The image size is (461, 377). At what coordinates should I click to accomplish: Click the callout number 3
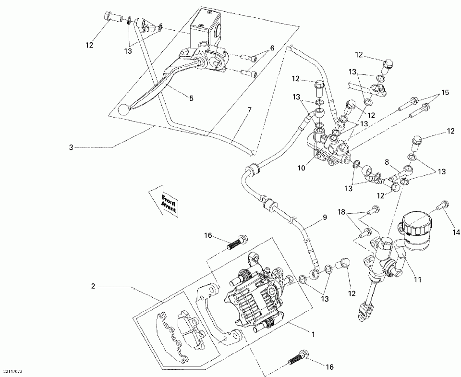(71, 147)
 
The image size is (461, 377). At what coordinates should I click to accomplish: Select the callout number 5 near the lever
(192, 98)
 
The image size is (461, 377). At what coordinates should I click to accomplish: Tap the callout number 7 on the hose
(249, 110)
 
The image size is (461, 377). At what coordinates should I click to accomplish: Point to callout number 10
(302, 168)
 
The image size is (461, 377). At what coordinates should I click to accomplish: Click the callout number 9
(325, 218)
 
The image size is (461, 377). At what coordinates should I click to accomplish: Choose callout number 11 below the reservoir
(417, 280)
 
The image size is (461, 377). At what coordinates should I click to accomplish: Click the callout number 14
(456, 232)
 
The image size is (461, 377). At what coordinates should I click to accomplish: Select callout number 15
(445, 92)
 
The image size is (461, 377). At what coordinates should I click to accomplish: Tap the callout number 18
(341, 212)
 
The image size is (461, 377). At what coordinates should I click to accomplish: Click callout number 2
(93, 286)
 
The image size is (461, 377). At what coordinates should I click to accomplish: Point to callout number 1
(314, 334)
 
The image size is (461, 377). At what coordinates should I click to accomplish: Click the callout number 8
(387, 162)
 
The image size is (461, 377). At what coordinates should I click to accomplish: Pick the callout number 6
(272, 48)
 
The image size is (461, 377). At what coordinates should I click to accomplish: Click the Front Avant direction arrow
(164, 200)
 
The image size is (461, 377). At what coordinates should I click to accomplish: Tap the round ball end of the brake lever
(122, 110)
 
